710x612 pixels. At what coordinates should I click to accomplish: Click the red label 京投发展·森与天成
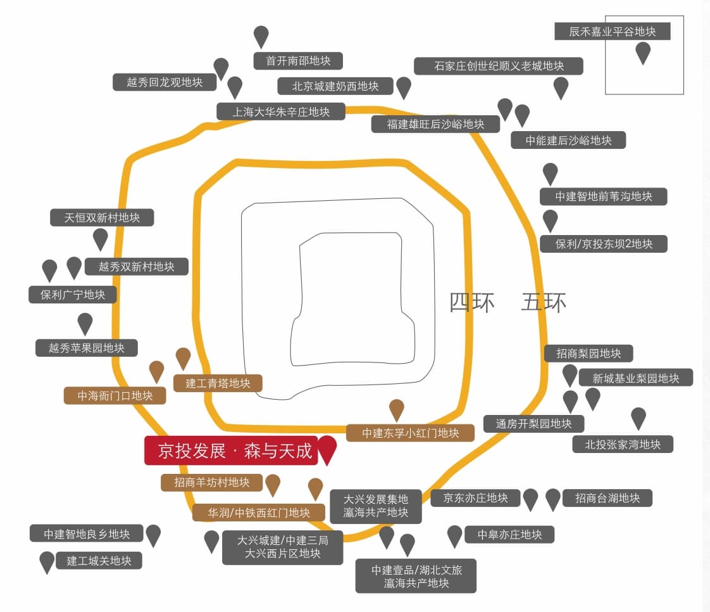pos(231,450)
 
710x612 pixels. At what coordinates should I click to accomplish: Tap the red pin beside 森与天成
pos(327,448)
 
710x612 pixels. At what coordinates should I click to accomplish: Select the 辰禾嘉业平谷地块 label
pos(612,31)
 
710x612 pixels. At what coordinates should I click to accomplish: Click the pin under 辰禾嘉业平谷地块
pos(643,51)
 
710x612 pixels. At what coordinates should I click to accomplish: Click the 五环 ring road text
pos(544,302)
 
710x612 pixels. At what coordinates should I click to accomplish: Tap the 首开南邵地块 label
pos(298,61)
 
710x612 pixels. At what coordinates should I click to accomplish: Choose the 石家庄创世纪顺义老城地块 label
pos(498,66)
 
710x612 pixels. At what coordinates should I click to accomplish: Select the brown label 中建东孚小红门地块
pos(410,433)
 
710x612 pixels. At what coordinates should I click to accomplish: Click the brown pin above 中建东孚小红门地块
pos(397,409)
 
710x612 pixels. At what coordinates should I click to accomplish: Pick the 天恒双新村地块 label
pos(102,217)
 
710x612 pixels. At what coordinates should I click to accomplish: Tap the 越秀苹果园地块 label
pos(87,348)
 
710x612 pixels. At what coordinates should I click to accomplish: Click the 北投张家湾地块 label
pos(623,444)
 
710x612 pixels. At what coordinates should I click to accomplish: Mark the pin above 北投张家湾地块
pos(638,417)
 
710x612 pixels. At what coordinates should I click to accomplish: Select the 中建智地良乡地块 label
pos(87,534)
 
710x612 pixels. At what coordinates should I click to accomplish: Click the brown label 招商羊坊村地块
pos(212,483)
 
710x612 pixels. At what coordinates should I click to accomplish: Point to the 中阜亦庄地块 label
pos(509,535)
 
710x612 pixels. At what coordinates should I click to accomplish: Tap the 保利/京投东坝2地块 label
pos(603,244)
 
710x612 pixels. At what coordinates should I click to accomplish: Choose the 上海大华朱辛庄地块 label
pos(281,112)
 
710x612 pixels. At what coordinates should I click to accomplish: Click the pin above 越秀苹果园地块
pos(85,322)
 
